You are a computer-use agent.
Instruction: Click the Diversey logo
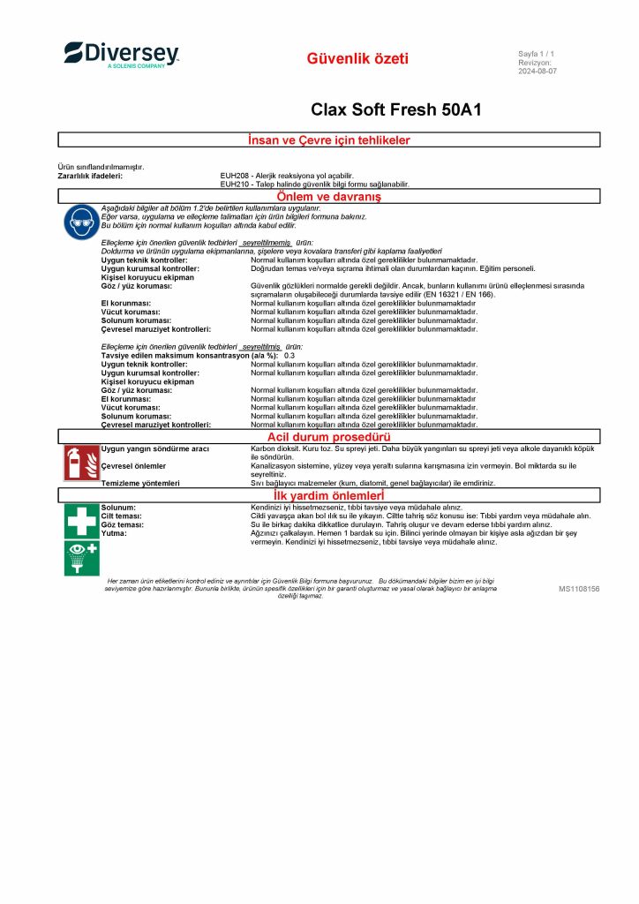121,55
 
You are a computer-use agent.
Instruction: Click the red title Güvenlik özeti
357,59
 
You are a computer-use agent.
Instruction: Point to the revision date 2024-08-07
538,72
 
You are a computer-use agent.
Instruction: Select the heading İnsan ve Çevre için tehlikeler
329,140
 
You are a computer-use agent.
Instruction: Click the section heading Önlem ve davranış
329,196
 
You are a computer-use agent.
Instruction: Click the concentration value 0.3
289,355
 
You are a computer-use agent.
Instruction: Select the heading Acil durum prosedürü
329,436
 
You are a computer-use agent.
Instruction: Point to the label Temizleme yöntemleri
140,483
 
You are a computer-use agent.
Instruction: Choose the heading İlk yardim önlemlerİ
329,496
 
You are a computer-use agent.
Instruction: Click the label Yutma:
114,533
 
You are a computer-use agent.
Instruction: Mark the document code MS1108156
579,588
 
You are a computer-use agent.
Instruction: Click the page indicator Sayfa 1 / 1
536,55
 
